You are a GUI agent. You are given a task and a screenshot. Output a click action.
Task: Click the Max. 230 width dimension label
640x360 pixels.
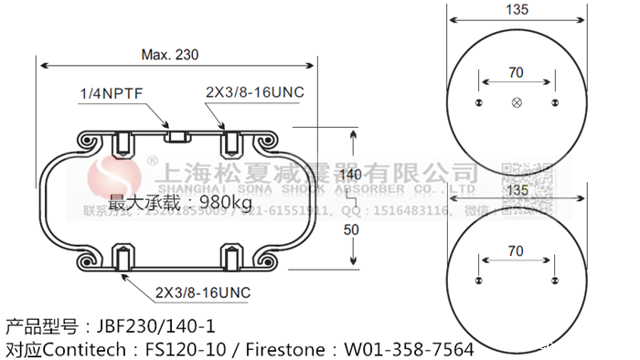pos(170,55)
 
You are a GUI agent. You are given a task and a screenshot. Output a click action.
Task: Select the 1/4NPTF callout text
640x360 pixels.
pos(110,94)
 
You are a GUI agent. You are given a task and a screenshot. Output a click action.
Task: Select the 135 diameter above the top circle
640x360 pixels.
pos(517,12)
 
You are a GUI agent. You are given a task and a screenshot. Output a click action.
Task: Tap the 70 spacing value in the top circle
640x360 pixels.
pos(516,72)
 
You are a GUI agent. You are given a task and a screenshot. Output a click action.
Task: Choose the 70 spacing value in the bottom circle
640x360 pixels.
pos(516,249)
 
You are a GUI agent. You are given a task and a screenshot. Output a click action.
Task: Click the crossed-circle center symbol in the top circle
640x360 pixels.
pos(517,102)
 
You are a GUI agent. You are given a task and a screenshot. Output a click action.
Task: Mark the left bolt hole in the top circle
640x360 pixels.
pos(478,102)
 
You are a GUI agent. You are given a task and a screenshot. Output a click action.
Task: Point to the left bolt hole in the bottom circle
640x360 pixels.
pos(478,280)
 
